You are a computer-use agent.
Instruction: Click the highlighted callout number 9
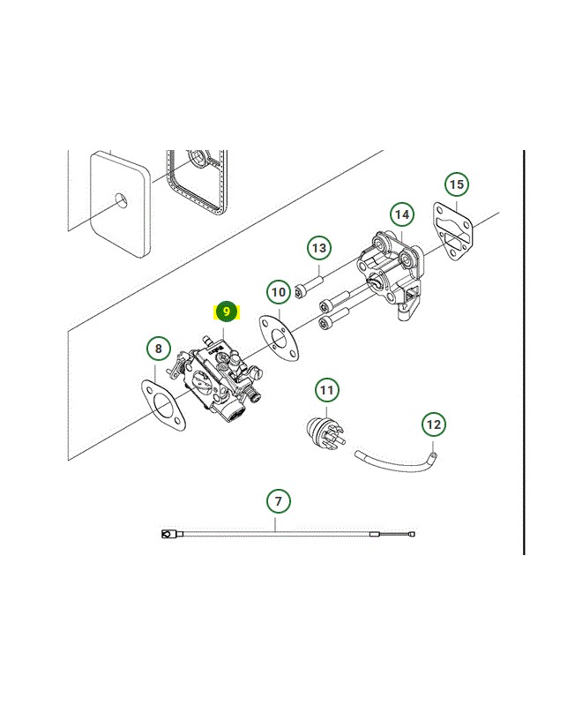point(227,312)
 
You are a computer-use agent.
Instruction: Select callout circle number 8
point(159,349)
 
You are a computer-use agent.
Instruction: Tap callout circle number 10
point(279,292)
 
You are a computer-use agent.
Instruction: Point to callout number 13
point(319,248)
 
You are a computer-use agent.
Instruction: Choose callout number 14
point(402,214)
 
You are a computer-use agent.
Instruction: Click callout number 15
point(457,184)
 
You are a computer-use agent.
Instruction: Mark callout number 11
point(327,390)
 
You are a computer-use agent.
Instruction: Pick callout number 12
point(434,424)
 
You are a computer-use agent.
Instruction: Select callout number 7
point(279,500)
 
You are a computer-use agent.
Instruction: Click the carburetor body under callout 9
point(216,379)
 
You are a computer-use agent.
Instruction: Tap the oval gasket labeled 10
point(279,339)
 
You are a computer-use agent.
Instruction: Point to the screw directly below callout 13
point(309,287)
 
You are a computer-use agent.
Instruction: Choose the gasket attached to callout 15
point(452,233)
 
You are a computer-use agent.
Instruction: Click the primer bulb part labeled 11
point(325,432)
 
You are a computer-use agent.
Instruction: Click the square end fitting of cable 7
point(166,535)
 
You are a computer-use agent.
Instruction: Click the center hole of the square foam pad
point(121,200)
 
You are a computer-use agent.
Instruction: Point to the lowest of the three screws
point(334,319)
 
